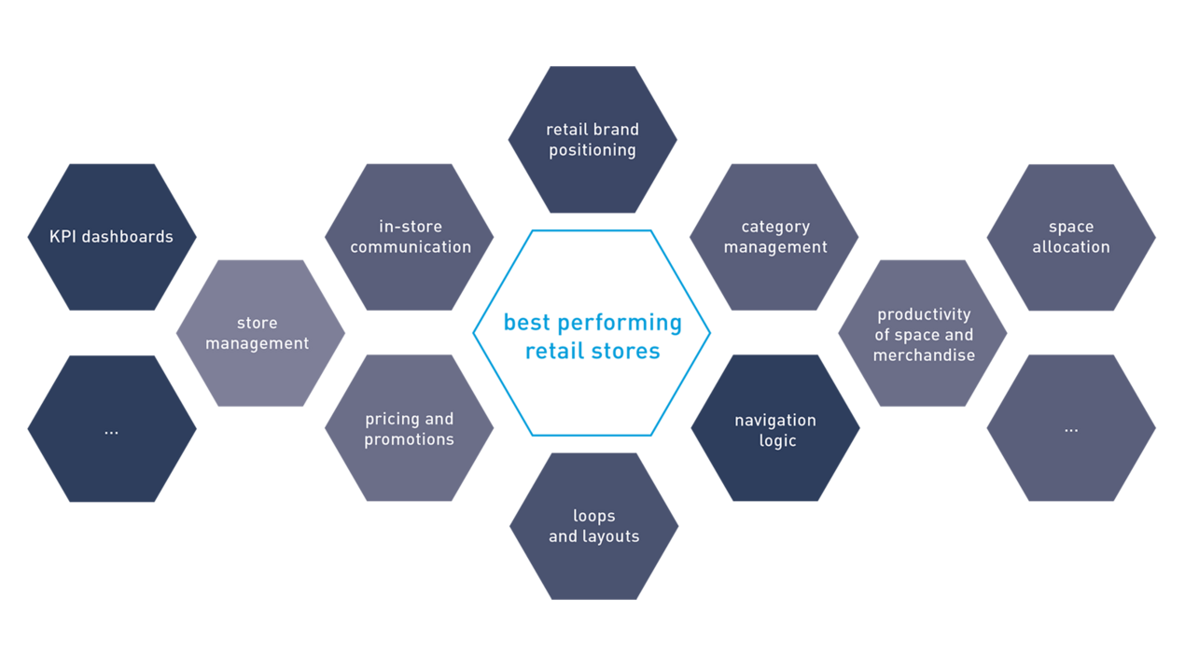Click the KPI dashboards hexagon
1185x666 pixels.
click(x=112, y=237)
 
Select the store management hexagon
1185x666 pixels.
click(x=260, y=333)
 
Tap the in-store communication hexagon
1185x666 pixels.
click(x=410, y=237)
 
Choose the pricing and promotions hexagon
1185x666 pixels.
click(x=410, y=429)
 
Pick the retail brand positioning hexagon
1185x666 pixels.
click(x=592, y=140)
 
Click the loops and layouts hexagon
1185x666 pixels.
click(x=593, y=526)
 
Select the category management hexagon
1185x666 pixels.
click(x=774, y=237)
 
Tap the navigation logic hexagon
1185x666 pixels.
click(x=775, y=429)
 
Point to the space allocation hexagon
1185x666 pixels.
click(x=1071, y=237)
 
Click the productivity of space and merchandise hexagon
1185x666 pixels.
click(x=923, y=334)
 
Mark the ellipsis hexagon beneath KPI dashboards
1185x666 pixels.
click(x=112, y=429)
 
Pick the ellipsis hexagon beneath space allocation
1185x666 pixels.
click(x=1071, y=429)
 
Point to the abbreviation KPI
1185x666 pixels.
click(x=65, y=237)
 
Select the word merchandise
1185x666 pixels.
click(x=924, y=355)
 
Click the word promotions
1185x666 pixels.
click(x=410, y=439)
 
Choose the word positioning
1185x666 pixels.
click(x=592, y=150)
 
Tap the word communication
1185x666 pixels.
click(x=411, y=247)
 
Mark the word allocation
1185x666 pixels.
click(x=1071, y=247)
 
